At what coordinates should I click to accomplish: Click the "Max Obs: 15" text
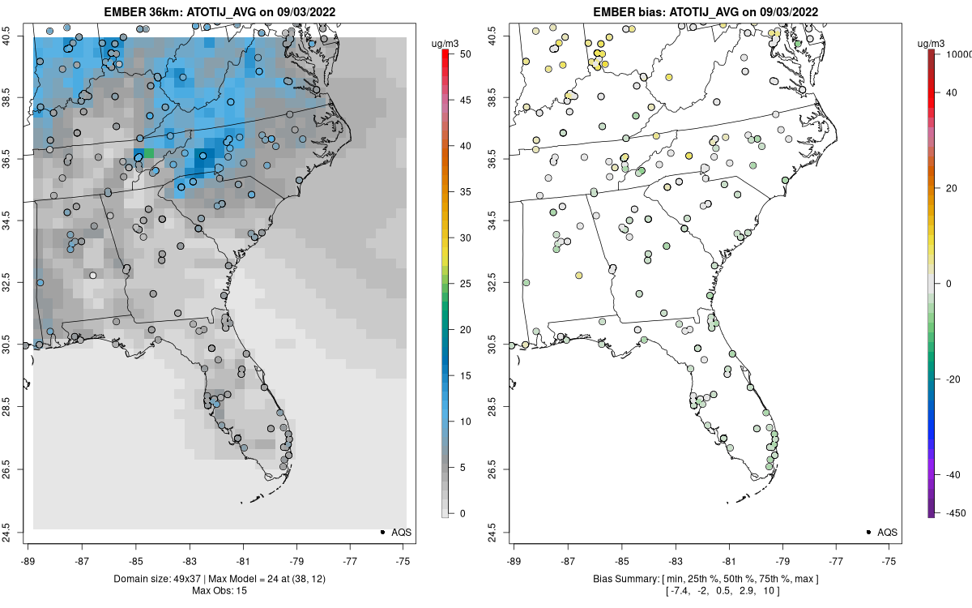pyautogui.click(x=219, y=590)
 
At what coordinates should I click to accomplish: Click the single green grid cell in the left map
pyautogui.click(x=148, y=153)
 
